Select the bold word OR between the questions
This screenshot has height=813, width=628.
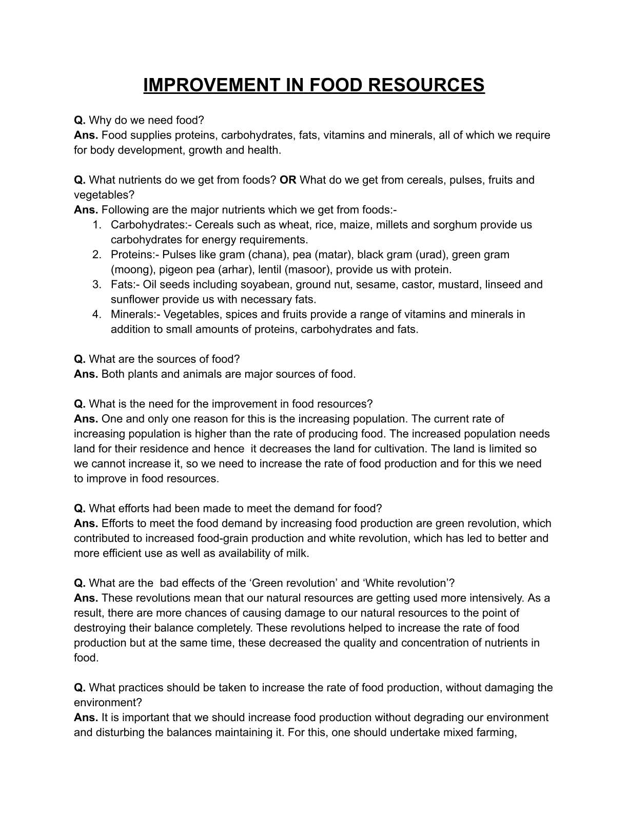tap(288, 180)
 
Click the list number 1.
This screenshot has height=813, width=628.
tap(96, 225)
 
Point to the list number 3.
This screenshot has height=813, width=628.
tap(97, 284)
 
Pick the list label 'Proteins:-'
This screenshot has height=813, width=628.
tap(134, 255)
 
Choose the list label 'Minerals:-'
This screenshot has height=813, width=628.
tap(135, 314)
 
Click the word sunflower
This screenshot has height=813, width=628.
tap(134, 299)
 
